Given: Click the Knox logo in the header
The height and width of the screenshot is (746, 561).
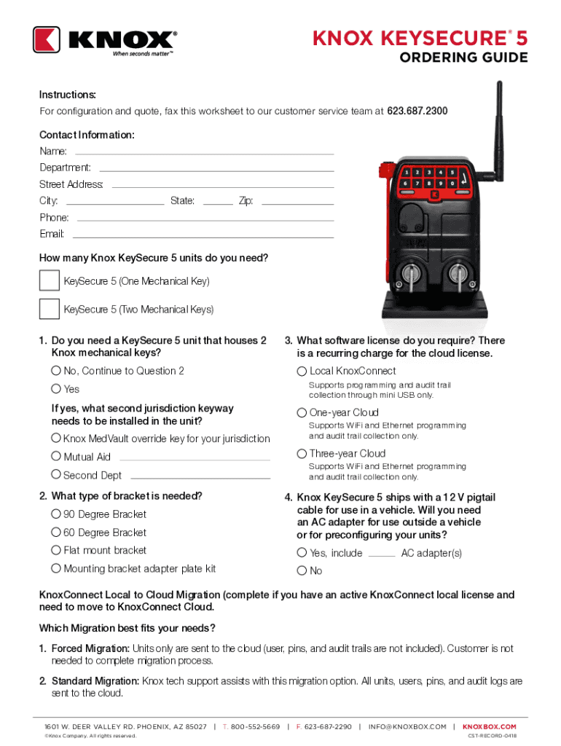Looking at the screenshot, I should coord(104,40).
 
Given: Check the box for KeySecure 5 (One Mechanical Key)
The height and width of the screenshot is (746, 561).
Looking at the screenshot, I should coord(50,280).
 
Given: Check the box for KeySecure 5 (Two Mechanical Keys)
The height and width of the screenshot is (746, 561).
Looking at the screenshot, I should coord(50,309).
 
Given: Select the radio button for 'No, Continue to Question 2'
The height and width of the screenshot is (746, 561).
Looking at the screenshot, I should coord(56,371).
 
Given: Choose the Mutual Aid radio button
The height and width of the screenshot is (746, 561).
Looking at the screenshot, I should coord(56,457).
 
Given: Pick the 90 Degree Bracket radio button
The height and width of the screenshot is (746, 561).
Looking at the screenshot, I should coord(56,514).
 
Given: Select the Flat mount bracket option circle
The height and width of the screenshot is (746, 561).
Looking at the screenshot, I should coord(56,550).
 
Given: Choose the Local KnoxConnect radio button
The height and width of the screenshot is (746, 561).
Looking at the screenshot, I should coord(302,372).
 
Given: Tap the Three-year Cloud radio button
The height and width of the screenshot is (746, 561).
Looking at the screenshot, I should coord(302,454).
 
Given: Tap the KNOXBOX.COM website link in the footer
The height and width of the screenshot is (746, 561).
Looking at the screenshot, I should coord(490,726).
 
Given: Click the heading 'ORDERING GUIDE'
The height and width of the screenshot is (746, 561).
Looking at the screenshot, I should coord(463,58).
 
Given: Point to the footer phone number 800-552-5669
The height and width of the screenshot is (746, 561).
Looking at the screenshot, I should coord(255,726).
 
